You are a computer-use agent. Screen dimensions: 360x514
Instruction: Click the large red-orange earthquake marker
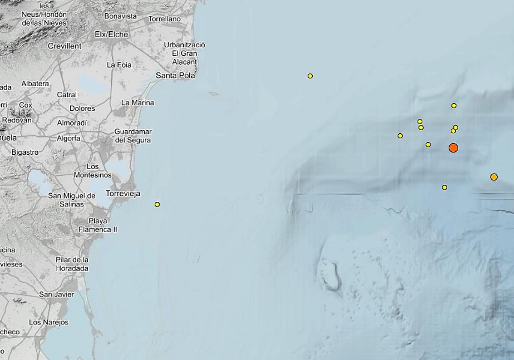point(453,148)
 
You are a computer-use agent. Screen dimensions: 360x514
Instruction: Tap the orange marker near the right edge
point(494,177)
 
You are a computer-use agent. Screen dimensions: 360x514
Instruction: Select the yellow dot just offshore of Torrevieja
point(157,204)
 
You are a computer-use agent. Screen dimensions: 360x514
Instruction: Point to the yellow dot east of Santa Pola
point(310,76)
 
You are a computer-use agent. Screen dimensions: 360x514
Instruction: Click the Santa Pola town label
point(175,75)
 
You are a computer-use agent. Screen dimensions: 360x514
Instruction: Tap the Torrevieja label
point(123,193)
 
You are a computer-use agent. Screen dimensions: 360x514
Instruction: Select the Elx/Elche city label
point(111,34)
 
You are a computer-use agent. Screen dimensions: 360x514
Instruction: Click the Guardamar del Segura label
point(133,135)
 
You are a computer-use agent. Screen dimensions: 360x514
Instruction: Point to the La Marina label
point(137,103)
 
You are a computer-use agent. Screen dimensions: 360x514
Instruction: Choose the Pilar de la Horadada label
point(72,264)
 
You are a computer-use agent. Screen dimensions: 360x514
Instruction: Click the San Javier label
point(57,294)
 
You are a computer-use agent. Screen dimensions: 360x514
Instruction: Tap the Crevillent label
point(64,46)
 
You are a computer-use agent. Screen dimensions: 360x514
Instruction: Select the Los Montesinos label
point(93,171)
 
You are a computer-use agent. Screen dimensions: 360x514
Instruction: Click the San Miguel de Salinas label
point(72,200)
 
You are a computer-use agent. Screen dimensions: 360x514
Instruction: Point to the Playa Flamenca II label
point(98,225)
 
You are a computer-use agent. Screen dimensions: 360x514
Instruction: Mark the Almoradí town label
point(72,123)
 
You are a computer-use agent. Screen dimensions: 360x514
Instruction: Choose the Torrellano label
point(164,19)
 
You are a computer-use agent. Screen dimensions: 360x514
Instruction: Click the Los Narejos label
point(48,322)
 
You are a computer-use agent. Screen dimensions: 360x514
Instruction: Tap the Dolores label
point(82,108)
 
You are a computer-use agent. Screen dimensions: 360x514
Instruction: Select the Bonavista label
point(120,16)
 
